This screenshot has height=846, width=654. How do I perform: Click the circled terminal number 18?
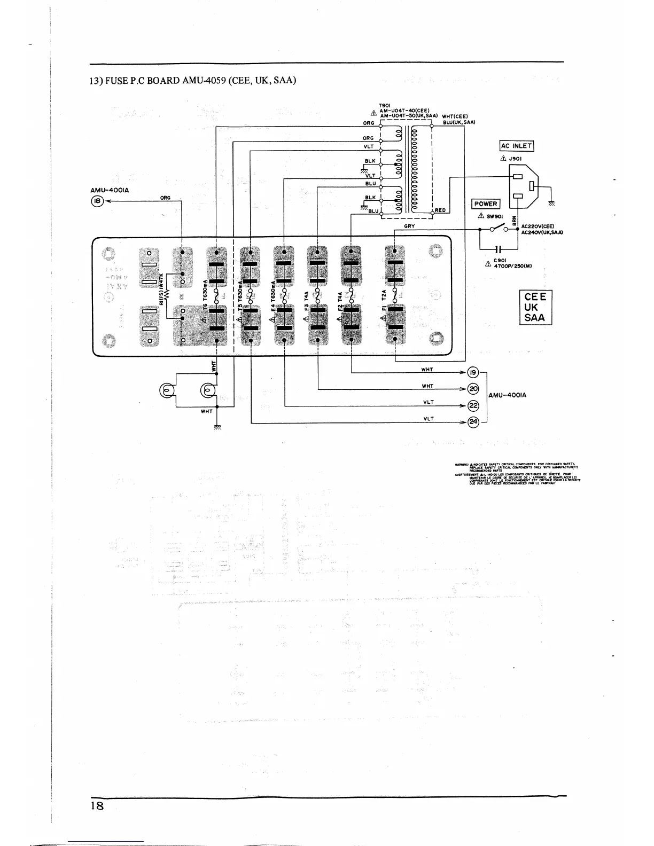[97, 201]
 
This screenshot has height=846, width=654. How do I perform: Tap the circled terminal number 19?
[472, 373]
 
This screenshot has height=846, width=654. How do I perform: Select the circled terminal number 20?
[472, 389]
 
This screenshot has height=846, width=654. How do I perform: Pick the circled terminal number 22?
[472, 405]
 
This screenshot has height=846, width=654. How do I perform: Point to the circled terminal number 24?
[472, 422]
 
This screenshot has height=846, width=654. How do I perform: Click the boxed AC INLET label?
[516, 146]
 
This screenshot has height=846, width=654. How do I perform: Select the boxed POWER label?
[485, 204]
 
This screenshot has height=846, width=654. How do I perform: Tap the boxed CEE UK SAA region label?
[535, 307]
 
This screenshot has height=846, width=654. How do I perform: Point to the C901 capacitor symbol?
[499, 249]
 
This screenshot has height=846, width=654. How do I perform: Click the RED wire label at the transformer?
[440, 210]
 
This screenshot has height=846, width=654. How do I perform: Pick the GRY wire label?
[409, 226]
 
